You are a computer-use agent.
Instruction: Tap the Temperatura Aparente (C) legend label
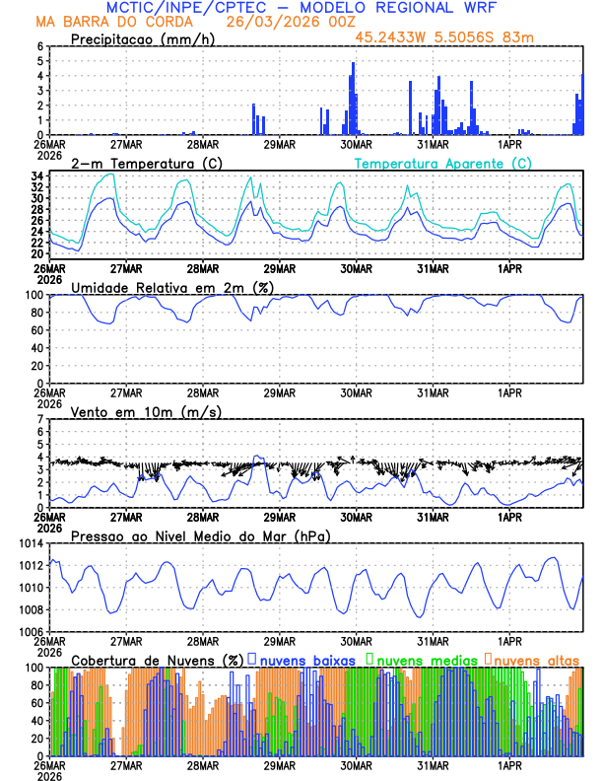442,163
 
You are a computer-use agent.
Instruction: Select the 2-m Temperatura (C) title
137,163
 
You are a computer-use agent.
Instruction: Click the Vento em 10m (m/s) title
146,411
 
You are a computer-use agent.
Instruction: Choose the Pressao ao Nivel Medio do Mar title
200,535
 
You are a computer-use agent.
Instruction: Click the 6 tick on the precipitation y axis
39,46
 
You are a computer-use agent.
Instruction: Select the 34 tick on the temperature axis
35,177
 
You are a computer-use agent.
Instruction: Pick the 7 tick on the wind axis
39,419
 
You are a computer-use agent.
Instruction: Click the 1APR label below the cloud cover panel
509,765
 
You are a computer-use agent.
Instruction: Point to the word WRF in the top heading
477,7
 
